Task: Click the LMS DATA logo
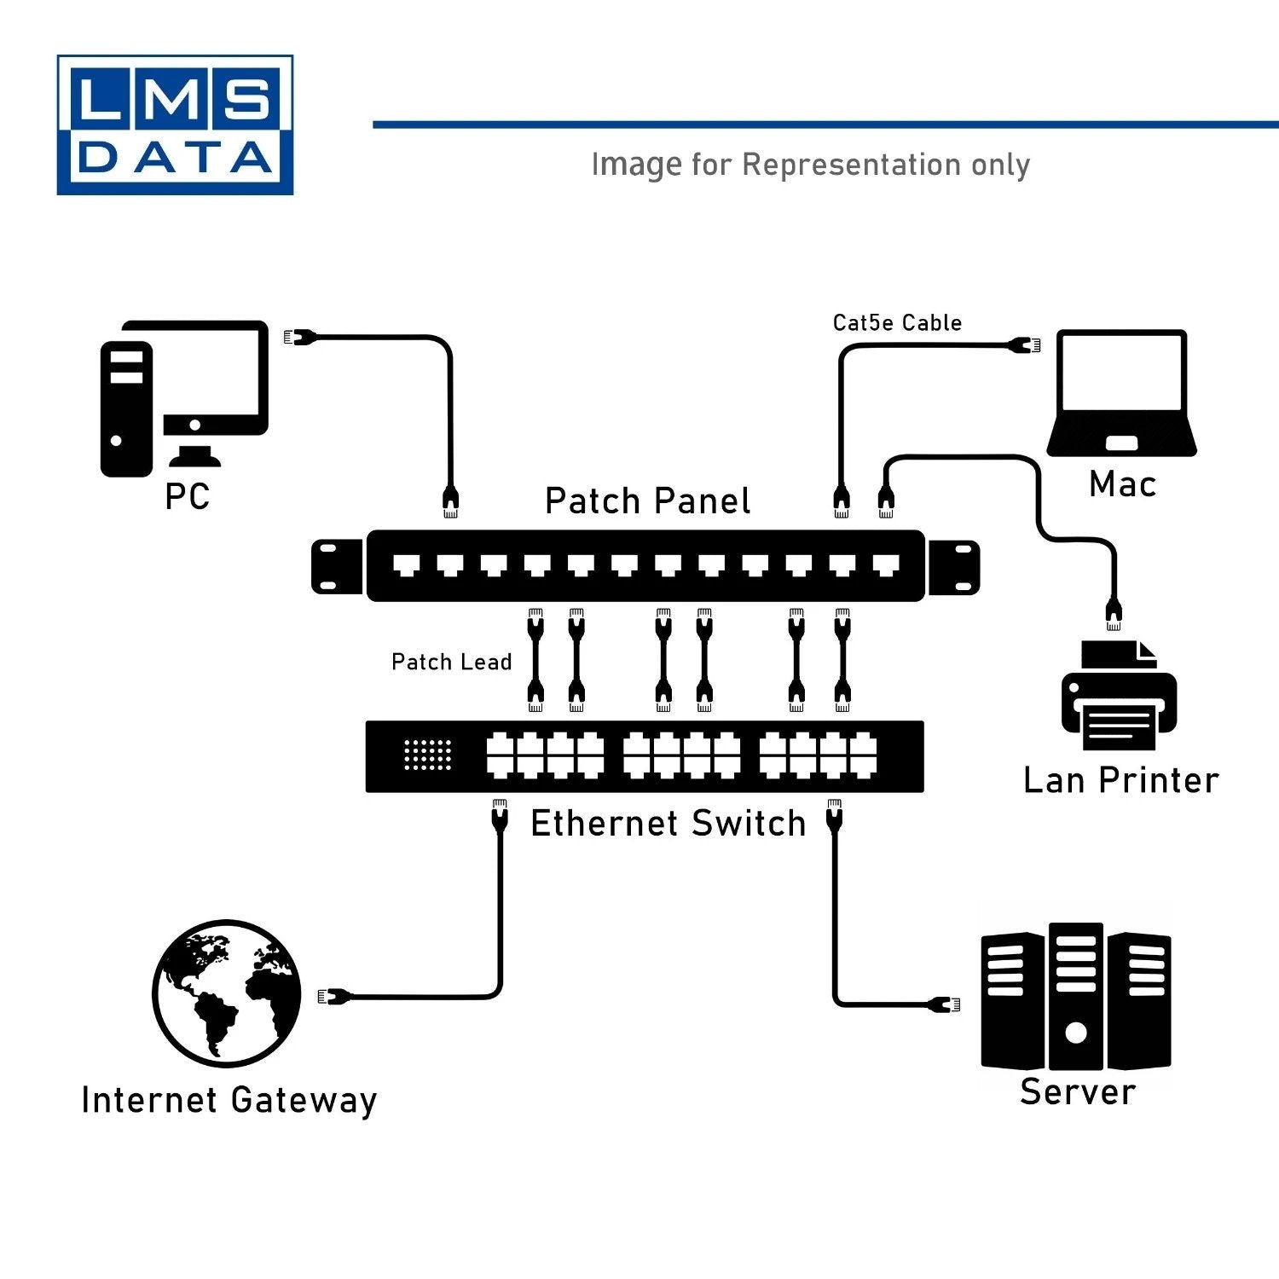click(175, 125)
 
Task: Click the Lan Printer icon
click(1119, 697)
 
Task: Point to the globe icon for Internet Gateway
click(227, 993)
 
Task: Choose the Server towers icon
click(1075, 997)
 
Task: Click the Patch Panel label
click(647, 501)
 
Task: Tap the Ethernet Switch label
click(668, 824)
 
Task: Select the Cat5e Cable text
click(897, 323)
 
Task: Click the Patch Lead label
click(451, 663)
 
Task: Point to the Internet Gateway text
click(229, 1101)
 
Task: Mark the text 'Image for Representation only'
click(810, 165)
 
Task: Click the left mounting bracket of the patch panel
click(337, 566)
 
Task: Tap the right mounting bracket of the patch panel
click(953, 566)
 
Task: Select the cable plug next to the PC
click(299, 338)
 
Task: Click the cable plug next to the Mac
click(1026, 345)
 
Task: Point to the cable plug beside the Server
click(945, 1004)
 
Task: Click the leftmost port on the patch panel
click(406, 564)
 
